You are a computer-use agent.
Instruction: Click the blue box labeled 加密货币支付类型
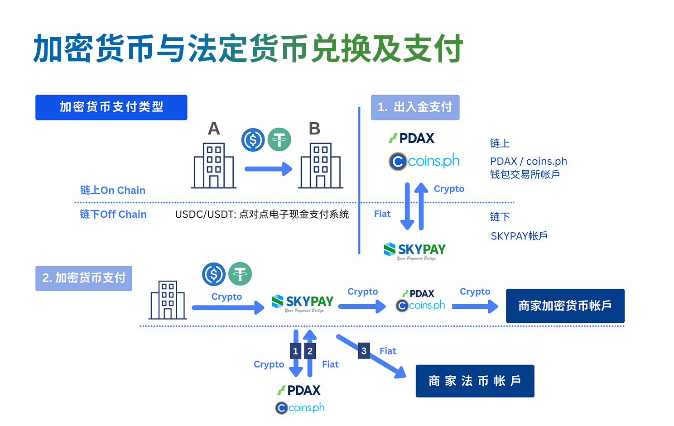111,107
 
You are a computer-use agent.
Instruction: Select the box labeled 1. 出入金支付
415,107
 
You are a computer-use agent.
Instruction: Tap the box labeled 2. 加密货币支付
84,278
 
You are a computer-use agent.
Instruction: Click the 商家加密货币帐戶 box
565,306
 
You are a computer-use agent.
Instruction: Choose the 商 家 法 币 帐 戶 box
475,381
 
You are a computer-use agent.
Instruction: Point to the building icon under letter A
214,165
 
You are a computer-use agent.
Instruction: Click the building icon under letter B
320,165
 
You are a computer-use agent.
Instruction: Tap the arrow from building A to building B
268,169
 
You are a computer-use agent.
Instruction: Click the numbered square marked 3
364,351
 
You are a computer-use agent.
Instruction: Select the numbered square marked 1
295,351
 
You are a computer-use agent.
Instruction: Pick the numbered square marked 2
310,351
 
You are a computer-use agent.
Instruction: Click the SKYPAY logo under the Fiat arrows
414,250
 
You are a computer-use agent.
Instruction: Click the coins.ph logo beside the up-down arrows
424,161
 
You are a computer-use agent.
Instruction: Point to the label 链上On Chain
113,190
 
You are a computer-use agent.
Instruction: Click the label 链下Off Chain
113,214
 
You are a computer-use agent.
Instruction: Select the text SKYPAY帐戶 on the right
519,236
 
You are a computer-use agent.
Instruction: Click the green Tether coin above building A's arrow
279,139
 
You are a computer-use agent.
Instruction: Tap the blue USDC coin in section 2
214,274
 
